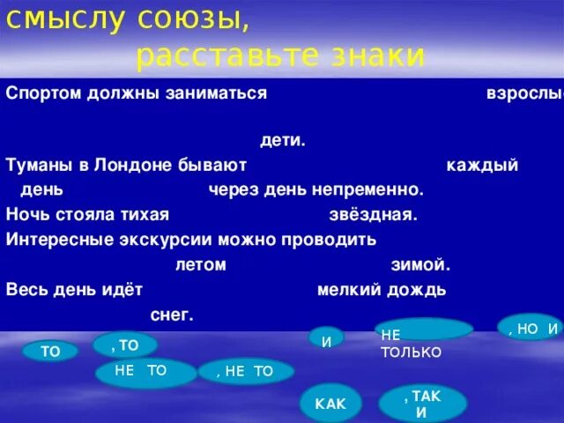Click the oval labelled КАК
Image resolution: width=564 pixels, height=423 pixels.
(330, 404)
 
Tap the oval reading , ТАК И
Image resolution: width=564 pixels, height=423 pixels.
(422, 404)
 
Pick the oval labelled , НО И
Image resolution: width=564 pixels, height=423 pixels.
(530, 327)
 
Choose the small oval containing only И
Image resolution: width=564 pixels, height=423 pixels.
(326, 338)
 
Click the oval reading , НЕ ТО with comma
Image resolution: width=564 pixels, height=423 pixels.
(246, 372)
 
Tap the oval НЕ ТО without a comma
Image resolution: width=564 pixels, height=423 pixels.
(145, 372)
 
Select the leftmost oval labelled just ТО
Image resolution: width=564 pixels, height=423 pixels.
(50, 352)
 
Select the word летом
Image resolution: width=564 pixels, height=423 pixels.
(200, 264)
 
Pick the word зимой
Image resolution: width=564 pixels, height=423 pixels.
(420, 264)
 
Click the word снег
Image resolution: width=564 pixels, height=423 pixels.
(172, 314)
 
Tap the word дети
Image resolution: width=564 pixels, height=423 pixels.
(283, 140)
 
